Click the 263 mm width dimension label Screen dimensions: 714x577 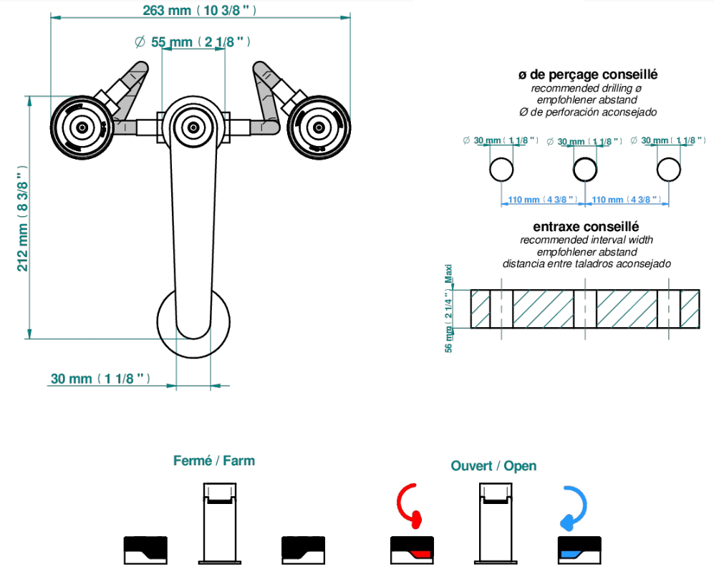199,10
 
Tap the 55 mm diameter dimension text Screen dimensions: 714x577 193,42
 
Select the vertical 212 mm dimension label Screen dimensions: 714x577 23,218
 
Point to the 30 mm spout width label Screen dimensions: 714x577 100,379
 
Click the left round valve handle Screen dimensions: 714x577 82,127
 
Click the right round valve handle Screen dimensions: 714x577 318,127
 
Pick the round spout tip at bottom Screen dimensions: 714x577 193,322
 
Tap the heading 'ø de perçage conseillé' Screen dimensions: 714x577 588,74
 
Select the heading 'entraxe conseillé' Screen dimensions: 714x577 586,226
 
